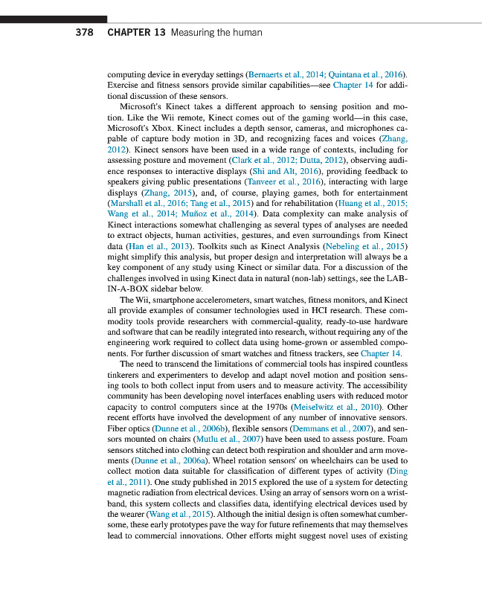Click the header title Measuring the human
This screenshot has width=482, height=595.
216,33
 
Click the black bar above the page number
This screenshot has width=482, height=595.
54,19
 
